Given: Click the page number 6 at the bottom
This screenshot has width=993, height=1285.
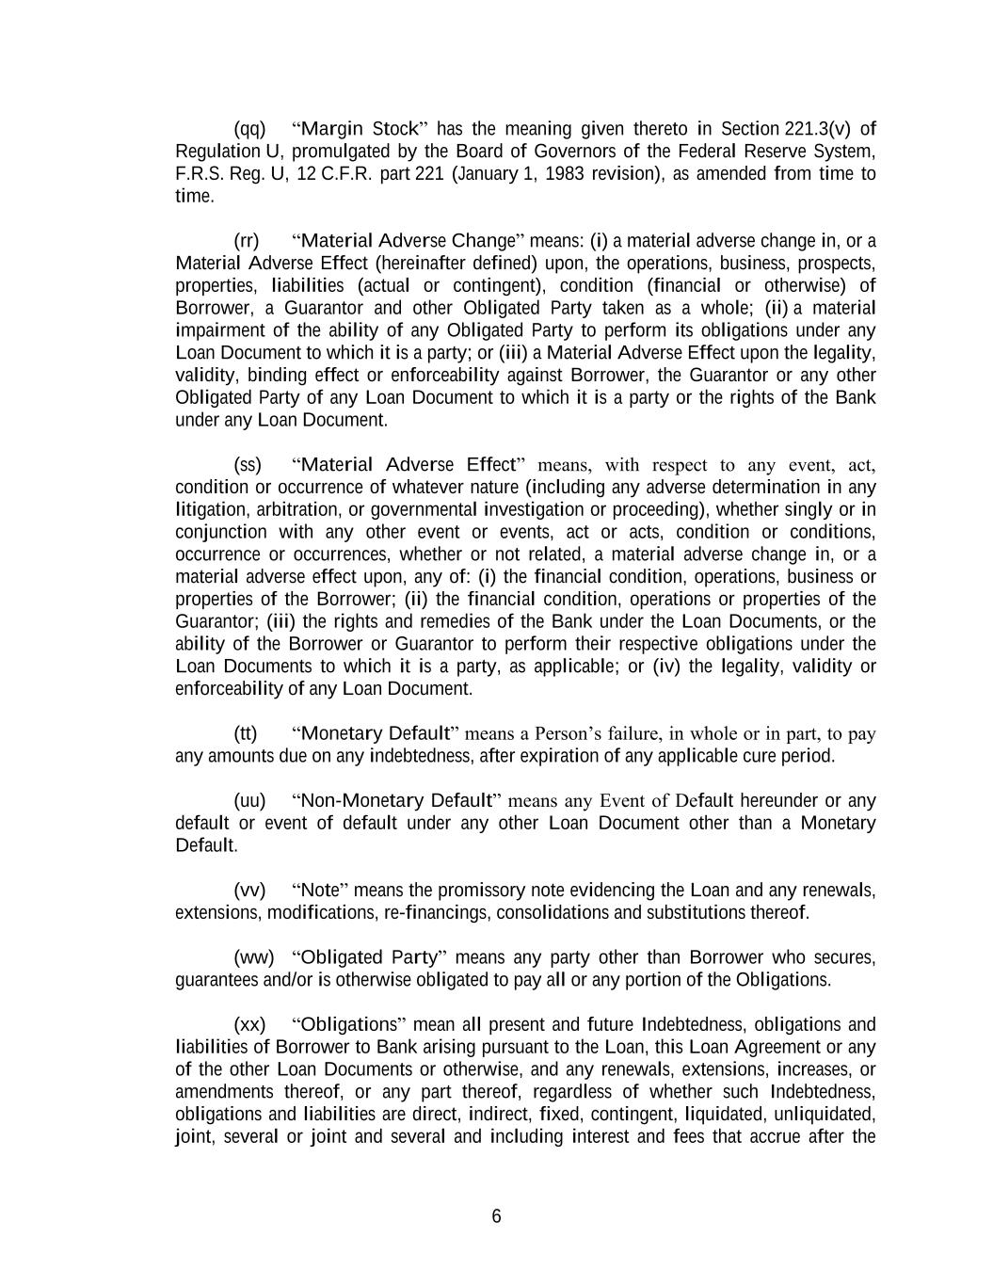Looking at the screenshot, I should click(496, 1216).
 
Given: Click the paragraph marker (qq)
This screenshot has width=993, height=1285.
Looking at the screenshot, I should click(249, 129).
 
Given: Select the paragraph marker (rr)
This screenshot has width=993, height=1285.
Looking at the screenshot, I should click(246, 241).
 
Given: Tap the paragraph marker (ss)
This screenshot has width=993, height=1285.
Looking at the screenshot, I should click(247, 465).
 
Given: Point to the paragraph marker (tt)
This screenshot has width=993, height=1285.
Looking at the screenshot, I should click(245, 733).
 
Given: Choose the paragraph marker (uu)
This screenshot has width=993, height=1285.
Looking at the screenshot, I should click(249, 801).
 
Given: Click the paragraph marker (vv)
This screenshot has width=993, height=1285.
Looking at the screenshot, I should click(249, 891).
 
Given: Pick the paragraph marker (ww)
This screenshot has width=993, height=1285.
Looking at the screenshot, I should click(253, 958).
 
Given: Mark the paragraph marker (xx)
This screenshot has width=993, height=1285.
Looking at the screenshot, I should click(249, 1025).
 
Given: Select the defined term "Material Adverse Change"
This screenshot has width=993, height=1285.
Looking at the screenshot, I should click(408, 241).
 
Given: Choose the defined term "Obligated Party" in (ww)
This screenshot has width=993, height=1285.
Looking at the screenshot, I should click(371, 958).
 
